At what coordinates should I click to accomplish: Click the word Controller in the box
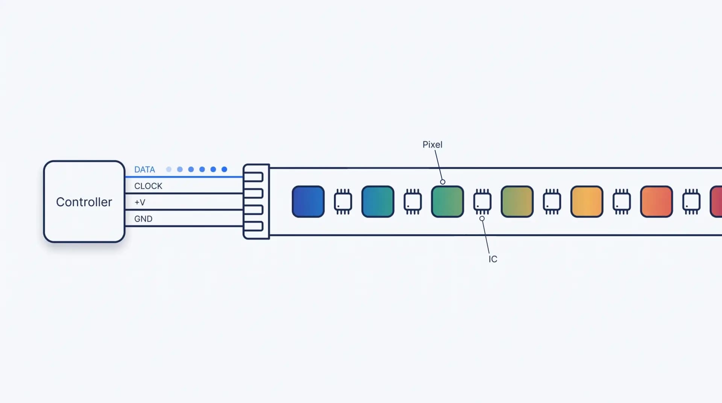pyautogui.click(x=84, y=202)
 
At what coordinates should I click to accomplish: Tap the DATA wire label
pyautogui.click(x=144, y=170)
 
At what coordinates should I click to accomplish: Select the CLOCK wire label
pyautogui.click(x=148, y=186)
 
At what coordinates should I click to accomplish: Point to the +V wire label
pyautogui.click(x=140, y=202)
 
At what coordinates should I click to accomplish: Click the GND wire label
pyautogui.click(x=143, y=219)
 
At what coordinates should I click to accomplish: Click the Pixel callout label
pyautogui.click(x=432, y=145)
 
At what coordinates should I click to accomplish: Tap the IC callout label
pyautogui.click(x=493, y=259)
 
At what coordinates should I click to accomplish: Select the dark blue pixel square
pyautogui.click(x=308, y=201)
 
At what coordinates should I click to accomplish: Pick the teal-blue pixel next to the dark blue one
pyautogui.click(x=378, y=201)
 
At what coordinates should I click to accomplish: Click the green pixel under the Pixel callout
pyautogui.click(x=447, y=201)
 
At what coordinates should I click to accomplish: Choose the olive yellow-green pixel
pyautogui.click(x=517, y=201)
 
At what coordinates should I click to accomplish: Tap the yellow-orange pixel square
pyautogui.click(x=587, y=201)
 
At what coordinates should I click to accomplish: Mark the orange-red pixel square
pyautogui.click(x=656, y=201)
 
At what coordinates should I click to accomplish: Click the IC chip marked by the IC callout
pyautogui.click(x=482, y=201)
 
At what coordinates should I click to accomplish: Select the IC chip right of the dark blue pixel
pyautogui.click(x=343, y=201)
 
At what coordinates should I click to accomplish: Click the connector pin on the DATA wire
pyautogui.click(x=253, y=177)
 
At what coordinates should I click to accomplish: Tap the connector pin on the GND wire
pyautogui.click(x=253, y=226)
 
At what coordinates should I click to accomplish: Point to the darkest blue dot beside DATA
pyautogui.click(x=224, y=170)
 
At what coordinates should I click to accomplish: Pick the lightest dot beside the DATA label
pyautogui.click(x=169, y=170)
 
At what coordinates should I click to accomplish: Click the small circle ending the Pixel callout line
pyautogui.click(x=443, y=182)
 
